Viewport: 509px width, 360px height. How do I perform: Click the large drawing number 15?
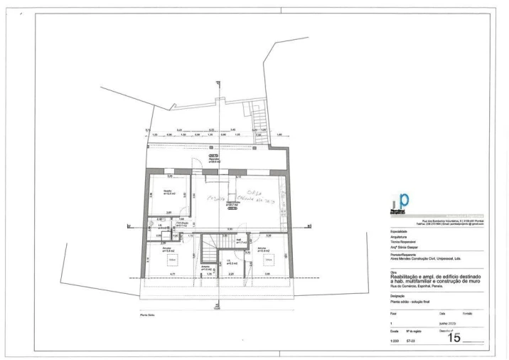tap(451, 337)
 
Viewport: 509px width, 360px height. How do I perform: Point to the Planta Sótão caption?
tap(148, 315)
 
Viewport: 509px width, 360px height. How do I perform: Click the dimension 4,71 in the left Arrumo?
tap(172, 274)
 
